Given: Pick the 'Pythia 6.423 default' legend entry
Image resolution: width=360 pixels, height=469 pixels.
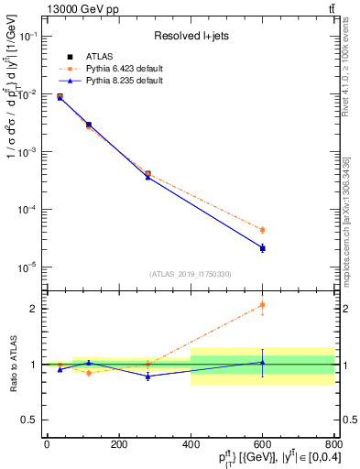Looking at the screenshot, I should (116, 69).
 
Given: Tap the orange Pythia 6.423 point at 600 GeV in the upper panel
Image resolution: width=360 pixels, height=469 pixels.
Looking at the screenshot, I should (262, 230).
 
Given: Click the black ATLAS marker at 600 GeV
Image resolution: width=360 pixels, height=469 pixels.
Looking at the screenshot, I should (262, 248).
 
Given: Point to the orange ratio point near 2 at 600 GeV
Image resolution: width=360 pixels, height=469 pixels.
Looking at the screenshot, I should (262, 305).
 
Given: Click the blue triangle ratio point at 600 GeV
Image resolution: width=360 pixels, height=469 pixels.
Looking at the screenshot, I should (262, 362).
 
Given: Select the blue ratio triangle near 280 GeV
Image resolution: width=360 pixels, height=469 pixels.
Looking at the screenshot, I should (147, 376).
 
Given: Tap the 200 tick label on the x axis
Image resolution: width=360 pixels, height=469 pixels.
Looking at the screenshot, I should (118, 444).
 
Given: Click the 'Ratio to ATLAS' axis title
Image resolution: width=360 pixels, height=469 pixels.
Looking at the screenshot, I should (12, 364).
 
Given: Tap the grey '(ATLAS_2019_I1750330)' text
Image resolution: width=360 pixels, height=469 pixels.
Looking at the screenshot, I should (191, 274).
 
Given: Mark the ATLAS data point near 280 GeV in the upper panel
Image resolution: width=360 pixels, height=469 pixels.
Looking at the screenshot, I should (147, 173).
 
